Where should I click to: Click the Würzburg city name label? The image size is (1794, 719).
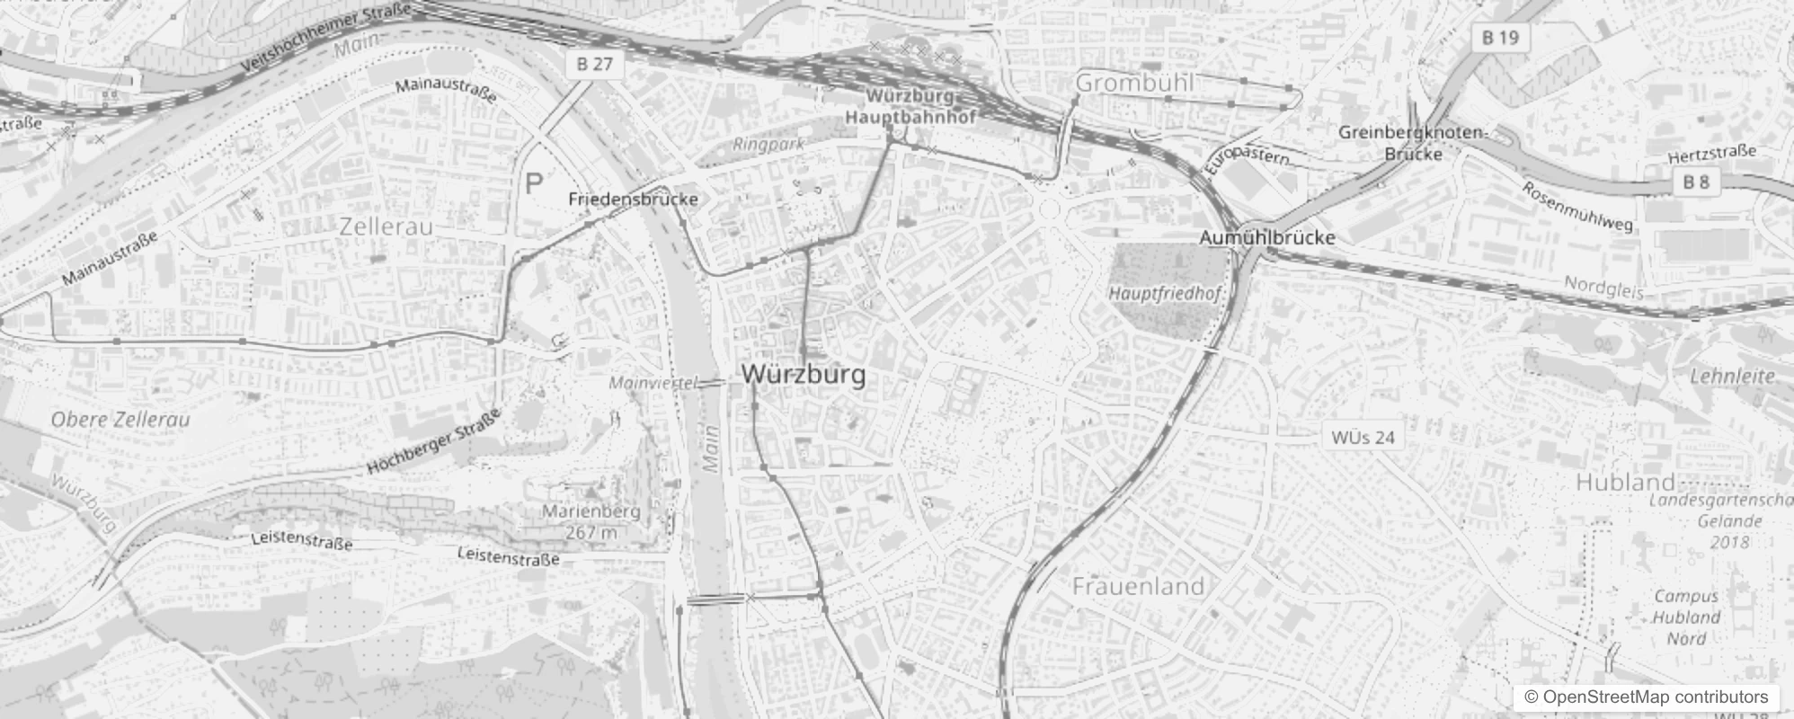coord(804,375)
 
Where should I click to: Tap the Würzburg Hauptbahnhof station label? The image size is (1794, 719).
coord(910,106)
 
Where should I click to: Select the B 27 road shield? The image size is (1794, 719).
coord(595,64)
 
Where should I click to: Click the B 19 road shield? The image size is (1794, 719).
coord(1500,38)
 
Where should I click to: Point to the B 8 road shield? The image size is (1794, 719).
coord(1696,182)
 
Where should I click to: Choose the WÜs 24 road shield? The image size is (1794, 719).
coord(1363,438)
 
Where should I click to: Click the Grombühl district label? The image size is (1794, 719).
coord(1135,83)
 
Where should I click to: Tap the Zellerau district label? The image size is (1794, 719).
coord(386,226)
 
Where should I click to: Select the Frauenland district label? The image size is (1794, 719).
coord(1138,587)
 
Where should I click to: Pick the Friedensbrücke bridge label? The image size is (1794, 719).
coord(633,200)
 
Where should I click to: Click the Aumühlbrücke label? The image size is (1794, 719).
coord(1267,238)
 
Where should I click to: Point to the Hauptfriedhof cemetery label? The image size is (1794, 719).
coord(1165,294)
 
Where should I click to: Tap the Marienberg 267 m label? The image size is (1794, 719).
coord(591,521)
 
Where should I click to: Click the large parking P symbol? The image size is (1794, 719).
coord(534,185)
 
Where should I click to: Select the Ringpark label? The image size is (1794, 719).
coord(768,145)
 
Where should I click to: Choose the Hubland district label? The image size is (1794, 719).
coord(1625,482)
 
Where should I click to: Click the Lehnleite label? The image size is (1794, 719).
coord(1732,377)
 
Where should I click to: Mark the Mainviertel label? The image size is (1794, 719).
coord(653,384)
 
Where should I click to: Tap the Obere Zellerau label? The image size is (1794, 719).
coord(120,420)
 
